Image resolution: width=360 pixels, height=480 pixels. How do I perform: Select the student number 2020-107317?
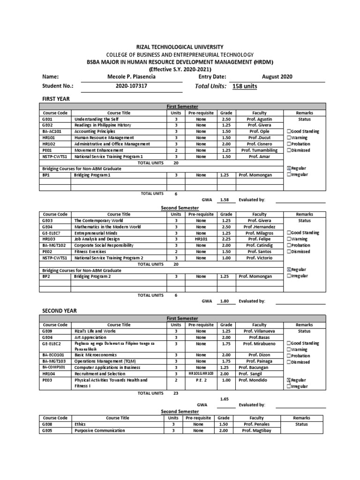pyautogui.click(x=135, y=86)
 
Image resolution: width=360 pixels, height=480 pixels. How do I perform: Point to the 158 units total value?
pyautogui.click(x=245, y=86)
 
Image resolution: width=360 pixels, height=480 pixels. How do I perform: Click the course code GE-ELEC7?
pyautogui.click(x=52, y=233)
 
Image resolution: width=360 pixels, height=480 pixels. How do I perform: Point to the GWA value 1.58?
pyautogui.click(x=224, y=200)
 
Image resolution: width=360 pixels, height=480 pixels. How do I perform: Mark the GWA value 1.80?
pyautogui.click(x=224, y=301)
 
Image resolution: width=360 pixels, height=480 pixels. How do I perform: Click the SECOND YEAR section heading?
pyautogui.click(x=60, y=311)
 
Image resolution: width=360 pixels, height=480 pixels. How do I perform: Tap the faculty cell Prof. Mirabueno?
pyautogui.click(x=259, y=344)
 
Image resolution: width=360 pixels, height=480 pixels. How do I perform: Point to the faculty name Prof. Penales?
pyautogui.click(x=257, y=424)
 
